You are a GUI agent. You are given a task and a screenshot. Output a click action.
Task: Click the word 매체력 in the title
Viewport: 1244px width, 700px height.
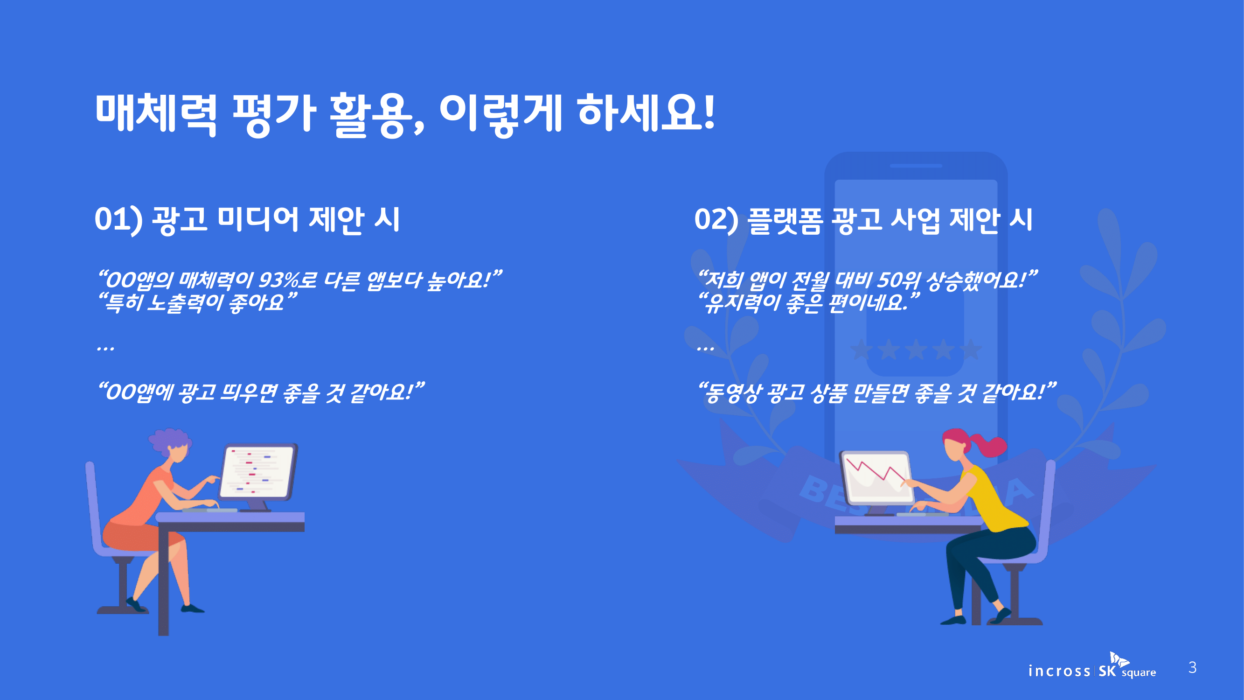[155, 114]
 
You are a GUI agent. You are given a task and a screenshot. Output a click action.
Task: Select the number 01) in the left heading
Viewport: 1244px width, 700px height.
[118, 219]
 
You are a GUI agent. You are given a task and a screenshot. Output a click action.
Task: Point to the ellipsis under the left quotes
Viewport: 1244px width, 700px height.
[105, 348]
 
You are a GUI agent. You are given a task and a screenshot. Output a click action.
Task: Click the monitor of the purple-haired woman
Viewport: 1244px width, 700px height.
[258, 472]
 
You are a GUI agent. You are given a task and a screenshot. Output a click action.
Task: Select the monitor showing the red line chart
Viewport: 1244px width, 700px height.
[876, 478]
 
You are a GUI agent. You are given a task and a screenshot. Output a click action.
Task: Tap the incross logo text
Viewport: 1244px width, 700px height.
[1058, 671]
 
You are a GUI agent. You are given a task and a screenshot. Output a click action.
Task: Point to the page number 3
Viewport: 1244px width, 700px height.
[1192, 668]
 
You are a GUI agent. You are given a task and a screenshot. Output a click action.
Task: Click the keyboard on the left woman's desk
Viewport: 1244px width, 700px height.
[209, 510]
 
